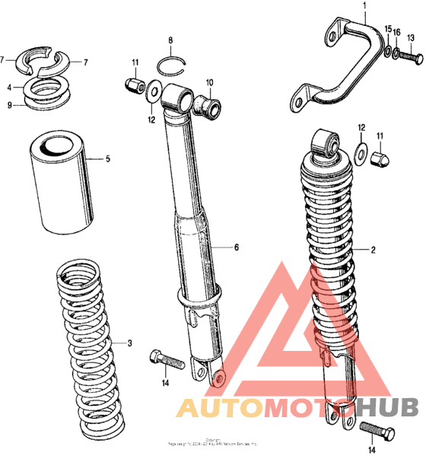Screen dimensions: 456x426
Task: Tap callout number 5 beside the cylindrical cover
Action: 108,159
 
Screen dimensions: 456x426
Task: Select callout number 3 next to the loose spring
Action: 129,343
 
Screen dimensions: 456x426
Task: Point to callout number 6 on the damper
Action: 236,247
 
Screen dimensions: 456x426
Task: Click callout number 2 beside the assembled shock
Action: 374,250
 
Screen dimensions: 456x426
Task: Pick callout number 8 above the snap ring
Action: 170,40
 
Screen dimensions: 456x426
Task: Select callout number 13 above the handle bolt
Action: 410,40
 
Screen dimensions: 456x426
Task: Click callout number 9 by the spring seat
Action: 10,105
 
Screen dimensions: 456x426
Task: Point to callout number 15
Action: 387,30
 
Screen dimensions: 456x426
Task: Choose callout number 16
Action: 396,32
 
